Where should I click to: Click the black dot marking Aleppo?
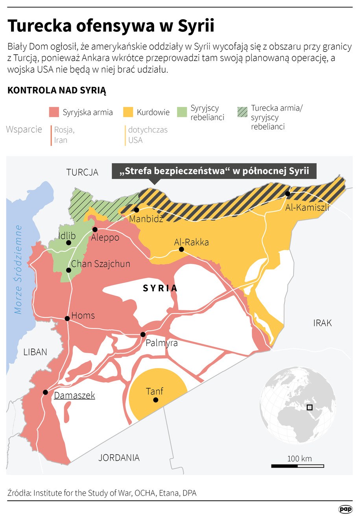[x=95, y=229]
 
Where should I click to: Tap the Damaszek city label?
[x=74, y=395]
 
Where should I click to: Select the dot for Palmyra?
[x=143, y=334]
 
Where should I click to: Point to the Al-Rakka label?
[x=191, y=242]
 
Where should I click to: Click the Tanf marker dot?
[x=156, y=400]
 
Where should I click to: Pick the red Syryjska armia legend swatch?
[x=54, y=112]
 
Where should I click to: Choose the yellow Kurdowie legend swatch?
[x=128, y=112]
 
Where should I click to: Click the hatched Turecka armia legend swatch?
[x=242, y=112]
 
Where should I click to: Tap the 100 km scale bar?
[x=297, y=466]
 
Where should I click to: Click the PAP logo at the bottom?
[x=345, y=509]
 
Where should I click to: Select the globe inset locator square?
[x=310, y=407]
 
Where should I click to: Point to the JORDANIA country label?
[x=119, y=457]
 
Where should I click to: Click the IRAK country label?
[x=322, y=323]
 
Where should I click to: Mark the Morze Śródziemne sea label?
[x=18, y=269]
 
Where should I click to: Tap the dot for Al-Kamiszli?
[x=288, y=194]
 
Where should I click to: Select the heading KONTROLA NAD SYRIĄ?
[x=57, y=90]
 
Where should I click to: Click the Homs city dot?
[x=67, y=318]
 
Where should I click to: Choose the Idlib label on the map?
[x=67, y=236]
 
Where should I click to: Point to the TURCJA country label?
[x=82, y=172]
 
